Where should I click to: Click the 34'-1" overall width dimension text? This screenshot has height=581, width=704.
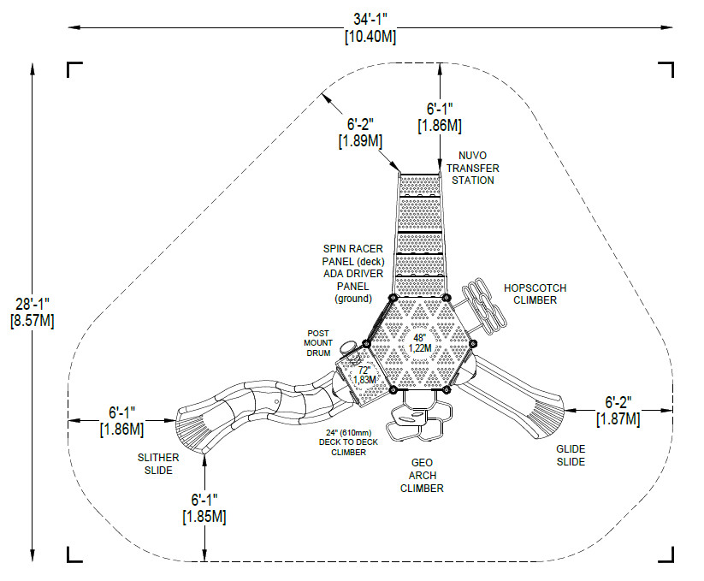coord(370,20)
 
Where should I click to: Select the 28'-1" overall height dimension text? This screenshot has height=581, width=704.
coord(33,304)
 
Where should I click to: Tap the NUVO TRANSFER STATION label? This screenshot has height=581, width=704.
coord(472,168)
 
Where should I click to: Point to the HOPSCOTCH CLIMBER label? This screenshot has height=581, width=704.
coord(535,294)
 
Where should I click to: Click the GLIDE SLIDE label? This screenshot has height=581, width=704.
coord(571,455)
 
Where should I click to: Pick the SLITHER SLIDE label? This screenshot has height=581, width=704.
coord(158,464)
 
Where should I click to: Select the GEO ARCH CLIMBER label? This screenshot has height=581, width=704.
coord(422,476)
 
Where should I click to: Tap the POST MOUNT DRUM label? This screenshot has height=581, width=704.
coord(318,343)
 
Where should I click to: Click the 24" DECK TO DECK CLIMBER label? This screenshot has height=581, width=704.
coord(348,442)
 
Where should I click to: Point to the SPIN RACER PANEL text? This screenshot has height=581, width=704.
coord(353,255)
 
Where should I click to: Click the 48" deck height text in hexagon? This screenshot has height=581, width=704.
coord(419,338)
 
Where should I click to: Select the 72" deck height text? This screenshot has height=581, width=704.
coord(364,371)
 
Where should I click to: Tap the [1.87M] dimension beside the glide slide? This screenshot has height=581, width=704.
coord(618,419)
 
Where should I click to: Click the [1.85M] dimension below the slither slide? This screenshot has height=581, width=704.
coord(204,516)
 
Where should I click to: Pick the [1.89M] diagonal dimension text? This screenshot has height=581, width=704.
coord(360,141)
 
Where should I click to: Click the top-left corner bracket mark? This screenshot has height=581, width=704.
coord(74,69)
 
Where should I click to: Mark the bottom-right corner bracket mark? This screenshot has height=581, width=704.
coord(666,554)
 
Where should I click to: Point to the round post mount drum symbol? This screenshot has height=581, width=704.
coord(347,347)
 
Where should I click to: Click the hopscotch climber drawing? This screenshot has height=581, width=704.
coord(484,305)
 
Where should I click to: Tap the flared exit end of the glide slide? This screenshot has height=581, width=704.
coord(547,417)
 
